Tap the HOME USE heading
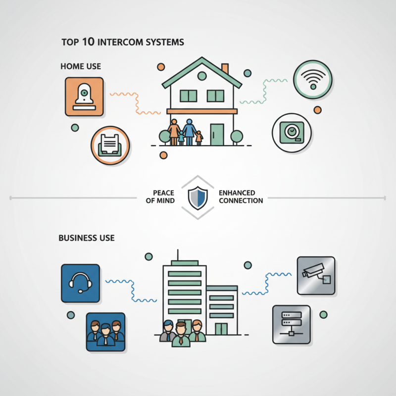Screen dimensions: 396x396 (x=81, y=66)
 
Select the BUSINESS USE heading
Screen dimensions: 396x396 (x=87, y=238)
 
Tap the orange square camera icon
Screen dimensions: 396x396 (x=85, y=97)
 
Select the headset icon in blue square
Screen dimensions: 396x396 (x=80, y=283)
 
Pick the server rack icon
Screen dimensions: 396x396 (x=292, y=324)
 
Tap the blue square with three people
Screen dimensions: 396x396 (x=105, y=332)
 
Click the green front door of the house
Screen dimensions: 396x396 (x=216, y=134)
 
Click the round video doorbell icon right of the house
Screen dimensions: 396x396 (x=292, y=132)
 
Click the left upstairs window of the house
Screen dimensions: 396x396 (x=188, y=96)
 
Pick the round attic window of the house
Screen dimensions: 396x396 (x=201, y=75)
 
